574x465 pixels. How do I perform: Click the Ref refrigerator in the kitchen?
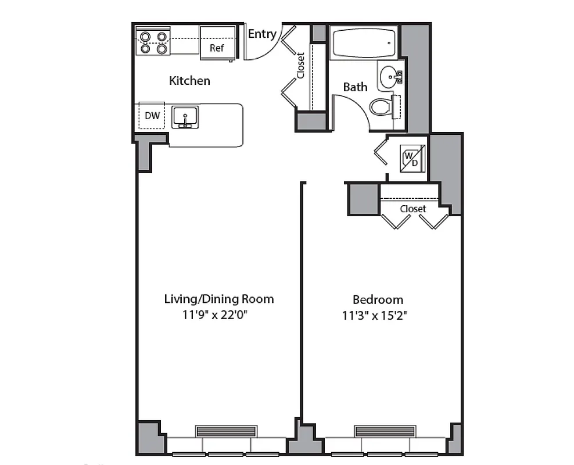click(217, 43)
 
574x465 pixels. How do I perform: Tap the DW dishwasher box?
click(152, 116)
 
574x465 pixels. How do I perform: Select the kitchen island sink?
click(185, 116)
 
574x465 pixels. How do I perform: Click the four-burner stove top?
click(154, 42)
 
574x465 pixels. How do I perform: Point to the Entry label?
click(262, 34)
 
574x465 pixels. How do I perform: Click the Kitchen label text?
click(189, 81)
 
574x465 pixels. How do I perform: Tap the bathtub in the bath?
click(364, 42)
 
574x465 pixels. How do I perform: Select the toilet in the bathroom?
click(382, 107)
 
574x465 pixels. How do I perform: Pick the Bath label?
click(355, 87)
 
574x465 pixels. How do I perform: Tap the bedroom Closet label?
click(412, 209)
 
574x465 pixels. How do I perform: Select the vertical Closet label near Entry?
click(301, 66)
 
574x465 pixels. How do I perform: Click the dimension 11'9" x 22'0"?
click(219, 316)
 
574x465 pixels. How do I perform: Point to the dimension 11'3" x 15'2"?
click(378, 316)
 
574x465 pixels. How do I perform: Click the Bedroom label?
click(378, 300)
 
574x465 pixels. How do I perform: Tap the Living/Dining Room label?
click(219, 299)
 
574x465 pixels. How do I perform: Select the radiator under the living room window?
click(226, 431)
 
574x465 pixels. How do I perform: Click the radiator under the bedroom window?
click(385, 431)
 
